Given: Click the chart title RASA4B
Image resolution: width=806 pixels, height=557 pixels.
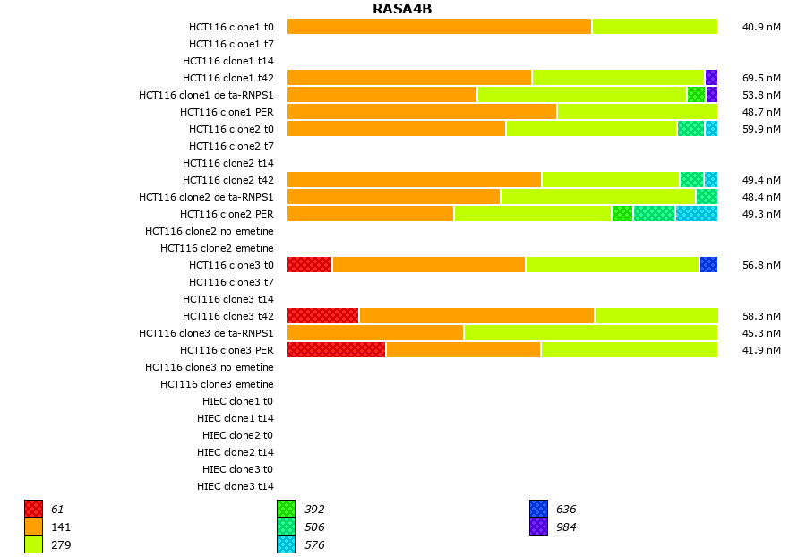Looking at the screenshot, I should pos(402,9).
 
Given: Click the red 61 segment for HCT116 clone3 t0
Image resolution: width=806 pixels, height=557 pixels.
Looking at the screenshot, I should pos(310,265).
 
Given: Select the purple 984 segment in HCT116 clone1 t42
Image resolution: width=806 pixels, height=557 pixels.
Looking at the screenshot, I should pos(711,78).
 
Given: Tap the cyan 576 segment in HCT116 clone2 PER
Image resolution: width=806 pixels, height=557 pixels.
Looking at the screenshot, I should pos(697,214).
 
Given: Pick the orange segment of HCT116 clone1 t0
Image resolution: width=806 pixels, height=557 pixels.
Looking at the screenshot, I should pos(439,27).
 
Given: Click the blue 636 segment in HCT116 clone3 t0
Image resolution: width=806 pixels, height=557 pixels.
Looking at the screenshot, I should pos(708,265).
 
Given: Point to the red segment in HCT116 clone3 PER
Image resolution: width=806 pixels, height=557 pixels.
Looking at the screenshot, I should pos(337,350).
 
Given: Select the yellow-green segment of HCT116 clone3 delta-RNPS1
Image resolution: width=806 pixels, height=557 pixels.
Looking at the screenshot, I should pos(591,333).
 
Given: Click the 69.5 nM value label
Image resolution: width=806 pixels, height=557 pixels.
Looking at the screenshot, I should pos(761,78).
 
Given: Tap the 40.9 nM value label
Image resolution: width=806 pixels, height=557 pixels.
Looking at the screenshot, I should pos(761,27).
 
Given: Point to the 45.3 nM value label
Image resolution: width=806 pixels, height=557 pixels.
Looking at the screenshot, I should pos(761,333).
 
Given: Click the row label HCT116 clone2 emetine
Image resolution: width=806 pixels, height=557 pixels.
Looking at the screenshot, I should pos(217,248).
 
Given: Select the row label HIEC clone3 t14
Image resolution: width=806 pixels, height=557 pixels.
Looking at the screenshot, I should pos(236,486).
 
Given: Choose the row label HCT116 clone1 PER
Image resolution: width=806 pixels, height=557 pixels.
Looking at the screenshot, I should pos(227,112).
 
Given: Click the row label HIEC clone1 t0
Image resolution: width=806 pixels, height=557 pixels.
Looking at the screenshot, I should pos(237,401).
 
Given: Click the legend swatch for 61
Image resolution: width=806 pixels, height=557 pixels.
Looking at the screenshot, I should pos(34,510).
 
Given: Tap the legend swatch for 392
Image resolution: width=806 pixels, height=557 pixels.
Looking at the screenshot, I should pos(287,510).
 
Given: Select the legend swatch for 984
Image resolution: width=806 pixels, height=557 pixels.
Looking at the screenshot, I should pos(539,527).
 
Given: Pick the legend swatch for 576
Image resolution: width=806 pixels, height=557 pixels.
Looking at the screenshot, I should pos(287,544).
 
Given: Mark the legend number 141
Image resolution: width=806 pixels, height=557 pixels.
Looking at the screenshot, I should pos(61,527).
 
